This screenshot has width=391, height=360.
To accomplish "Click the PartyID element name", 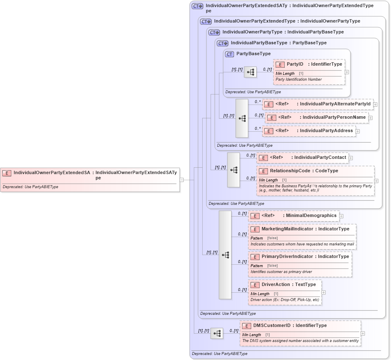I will point(295,64).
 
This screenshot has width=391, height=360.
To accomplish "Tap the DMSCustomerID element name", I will point(272,325).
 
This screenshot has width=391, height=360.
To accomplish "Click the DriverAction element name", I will point(276,285).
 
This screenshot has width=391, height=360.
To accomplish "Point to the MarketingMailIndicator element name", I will point(287,229).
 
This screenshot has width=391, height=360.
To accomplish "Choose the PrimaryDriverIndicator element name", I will point(287,256).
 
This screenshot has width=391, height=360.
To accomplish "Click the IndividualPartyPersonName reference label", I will point(334,117).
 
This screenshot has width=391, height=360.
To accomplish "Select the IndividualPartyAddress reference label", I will point(326,131).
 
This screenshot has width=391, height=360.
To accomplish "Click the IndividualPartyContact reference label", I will point(320,158).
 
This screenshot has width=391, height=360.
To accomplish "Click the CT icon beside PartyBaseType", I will point(229,54).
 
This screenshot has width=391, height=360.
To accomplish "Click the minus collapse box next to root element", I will point(181,180).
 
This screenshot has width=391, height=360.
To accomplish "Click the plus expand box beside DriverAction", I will point(324,292).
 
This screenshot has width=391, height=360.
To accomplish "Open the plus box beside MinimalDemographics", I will point(341,216).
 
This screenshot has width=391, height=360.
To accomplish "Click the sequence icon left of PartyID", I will point(250,72).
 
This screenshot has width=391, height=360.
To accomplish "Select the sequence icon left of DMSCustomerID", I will point(216,333).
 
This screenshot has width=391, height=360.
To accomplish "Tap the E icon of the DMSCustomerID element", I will point(247,326).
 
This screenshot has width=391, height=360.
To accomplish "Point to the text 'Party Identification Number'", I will point(298,79).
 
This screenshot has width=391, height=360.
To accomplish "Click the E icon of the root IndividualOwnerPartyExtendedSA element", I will point(7,173).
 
